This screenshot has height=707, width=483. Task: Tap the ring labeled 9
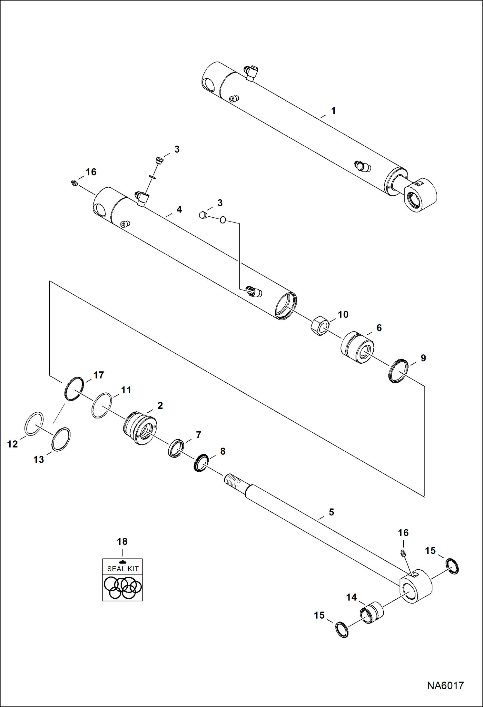[398, 371]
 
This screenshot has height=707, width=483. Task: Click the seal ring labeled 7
[176, 448]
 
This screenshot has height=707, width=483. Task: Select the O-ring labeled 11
[102, 406]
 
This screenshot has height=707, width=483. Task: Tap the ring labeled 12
[34, 424]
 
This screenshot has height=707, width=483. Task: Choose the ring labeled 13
[61, 439]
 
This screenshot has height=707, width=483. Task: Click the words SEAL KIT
[123, 569]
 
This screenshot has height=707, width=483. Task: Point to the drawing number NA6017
[445, 694]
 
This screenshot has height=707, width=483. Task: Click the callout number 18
[122, 541]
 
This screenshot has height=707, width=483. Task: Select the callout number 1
[333, 111]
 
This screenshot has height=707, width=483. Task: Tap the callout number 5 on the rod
[331, 512]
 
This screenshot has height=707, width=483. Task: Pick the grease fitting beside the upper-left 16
[74, 183]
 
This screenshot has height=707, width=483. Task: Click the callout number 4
[179, 209]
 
